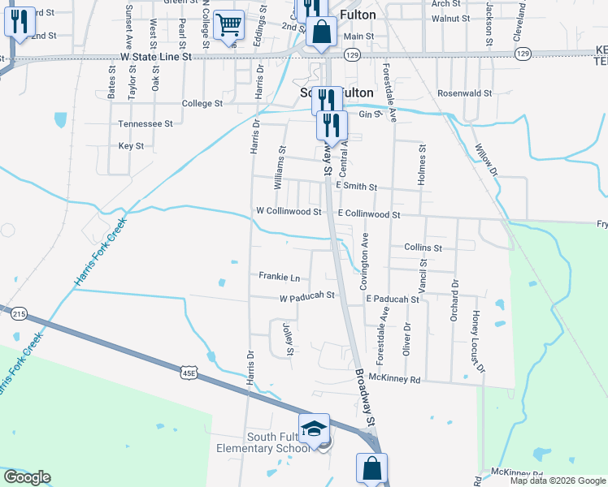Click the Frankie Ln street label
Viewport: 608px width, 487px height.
pos(279,276)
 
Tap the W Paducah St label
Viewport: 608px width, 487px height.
pos(307,297)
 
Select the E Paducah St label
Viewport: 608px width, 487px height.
pos(392,299)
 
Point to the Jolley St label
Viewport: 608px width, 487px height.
pos(287,338)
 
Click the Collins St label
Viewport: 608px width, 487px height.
pos(422,248)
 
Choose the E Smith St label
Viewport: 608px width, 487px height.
pos(357,187)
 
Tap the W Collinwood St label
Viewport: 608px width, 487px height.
pos(289,210)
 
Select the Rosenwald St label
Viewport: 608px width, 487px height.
pos(465,93)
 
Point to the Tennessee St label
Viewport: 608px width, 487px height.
pos(145,124)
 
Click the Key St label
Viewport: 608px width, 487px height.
pos(131,146)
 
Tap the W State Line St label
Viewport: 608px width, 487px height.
pos(155,58)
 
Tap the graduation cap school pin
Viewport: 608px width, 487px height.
pos(314,428)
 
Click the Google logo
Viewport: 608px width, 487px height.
pos(27,477)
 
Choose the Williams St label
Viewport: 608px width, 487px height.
pos(281,168)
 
